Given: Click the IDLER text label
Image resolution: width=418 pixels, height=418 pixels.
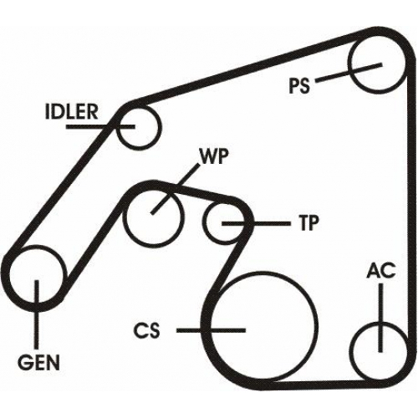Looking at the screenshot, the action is pos(72,112).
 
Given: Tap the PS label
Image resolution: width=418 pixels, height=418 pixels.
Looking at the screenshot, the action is pos(299,85).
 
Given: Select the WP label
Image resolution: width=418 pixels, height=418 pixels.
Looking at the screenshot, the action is pos(212,156).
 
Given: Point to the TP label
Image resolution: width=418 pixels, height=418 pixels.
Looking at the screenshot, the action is pos(308,223).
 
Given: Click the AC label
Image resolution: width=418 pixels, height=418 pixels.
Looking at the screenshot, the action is pos(381,270).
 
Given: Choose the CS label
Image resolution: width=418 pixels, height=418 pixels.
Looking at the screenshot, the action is pos(146,330).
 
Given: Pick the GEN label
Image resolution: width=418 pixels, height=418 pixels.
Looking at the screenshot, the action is pos(38,362).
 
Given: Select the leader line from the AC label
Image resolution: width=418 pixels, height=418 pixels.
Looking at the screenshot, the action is pos(380,318).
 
